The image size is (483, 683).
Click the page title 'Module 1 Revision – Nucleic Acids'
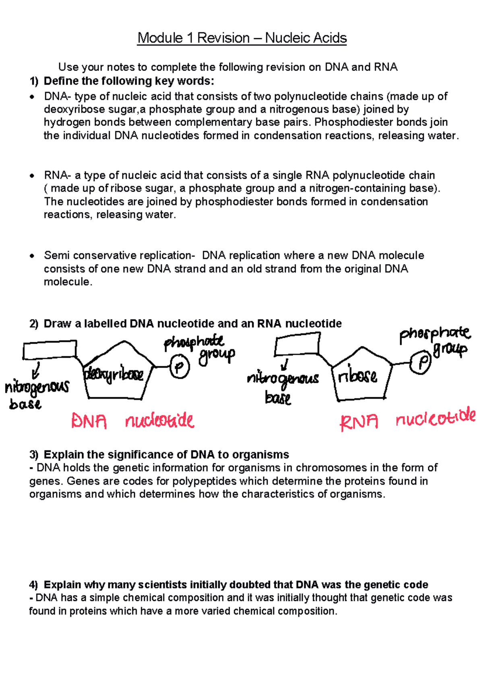(242, 38)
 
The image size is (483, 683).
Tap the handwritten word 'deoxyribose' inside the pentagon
(114, 375)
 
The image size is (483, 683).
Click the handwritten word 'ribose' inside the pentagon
(357, 377)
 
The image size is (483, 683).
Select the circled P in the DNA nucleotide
(180, 367)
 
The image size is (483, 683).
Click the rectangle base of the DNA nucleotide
(50, 350)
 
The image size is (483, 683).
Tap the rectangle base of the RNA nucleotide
(297, 345)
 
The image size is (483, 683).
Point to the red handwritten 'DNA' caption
(89, 421)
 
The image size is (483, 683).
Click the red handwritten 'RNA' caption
(359, 422)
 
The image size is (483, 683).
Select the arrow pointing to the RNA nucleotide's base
(285, 365)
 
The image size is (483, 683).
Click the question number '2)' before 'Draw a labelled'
(34, 324)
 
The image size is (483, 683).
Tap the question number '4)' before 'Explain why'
(34, 584)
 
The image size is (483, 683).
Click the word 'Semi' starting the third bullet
(57, 255)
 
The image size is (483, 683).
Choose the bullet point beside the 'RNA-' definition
(32, 176)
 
